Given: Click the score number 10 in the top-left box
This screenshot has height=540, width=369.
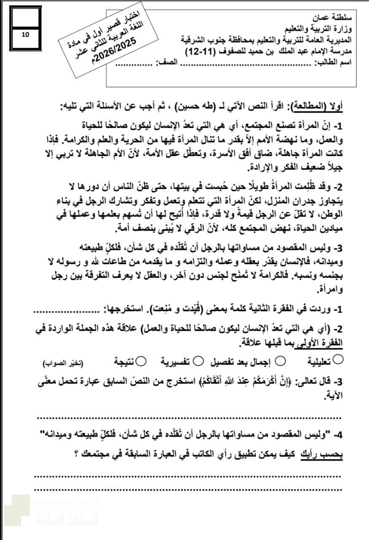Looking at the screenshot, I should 25,35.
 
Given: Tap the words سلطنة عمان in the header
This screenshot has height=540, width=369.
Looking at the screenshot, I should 333,19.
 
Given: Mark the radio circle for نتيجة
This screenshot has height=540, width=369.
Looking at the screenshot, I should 142,361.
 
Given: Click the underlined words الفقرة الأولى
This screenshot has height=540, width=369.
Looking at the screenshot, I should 321,343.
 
